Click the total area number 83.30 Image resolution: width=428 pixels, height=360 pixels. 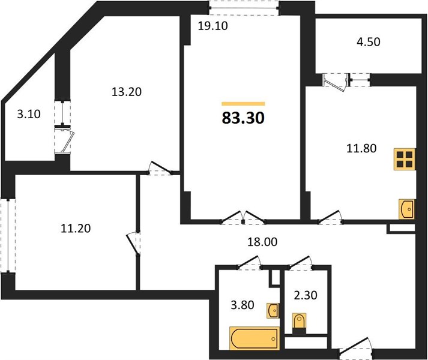tap(243, 118)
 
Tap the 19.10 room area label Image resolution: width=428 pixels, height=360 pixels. tap(212, 26)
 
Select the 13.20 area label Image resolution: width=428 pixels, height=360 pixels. tap(127, 92)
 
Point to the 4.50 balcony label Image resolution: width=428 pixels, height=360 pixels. tap(369, 42)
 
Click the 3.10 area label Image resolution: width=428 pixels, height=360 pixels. tap(29, 114)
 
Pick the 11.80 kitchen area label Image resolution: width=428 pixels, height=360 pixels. tap(361, 148)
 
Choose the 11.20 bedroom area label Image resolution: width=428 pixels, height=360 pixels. tap(76, 228)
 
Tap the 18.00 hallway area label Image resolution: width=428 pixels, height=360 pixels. tap(262, 242)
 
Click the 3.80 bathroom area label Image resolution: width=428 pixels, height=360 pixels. tap(243, 305)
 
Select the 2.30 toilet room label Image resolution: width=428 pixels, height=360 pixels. tap(306, 295)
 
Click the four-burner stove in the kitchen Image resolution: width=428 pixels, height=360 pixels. tap(404, 160)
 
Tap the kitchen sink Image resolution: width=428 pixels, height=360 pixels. tap(407, 209)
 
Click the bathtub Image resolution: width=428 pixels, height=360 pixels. tap(255, 338)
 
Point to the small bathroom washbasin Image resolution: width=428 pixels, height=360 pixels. tap(273, 311)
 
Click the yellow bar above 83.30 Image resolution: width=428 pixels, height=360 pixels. tap(243, 104)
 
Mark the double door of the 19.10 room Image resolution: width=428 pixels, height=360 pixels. tap(243, 218)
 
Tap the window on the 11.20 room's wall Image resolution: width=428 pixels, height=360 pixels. tap(8, 235)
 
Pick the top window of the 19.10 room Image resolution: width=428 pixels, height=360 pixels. tap(244, 8)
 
